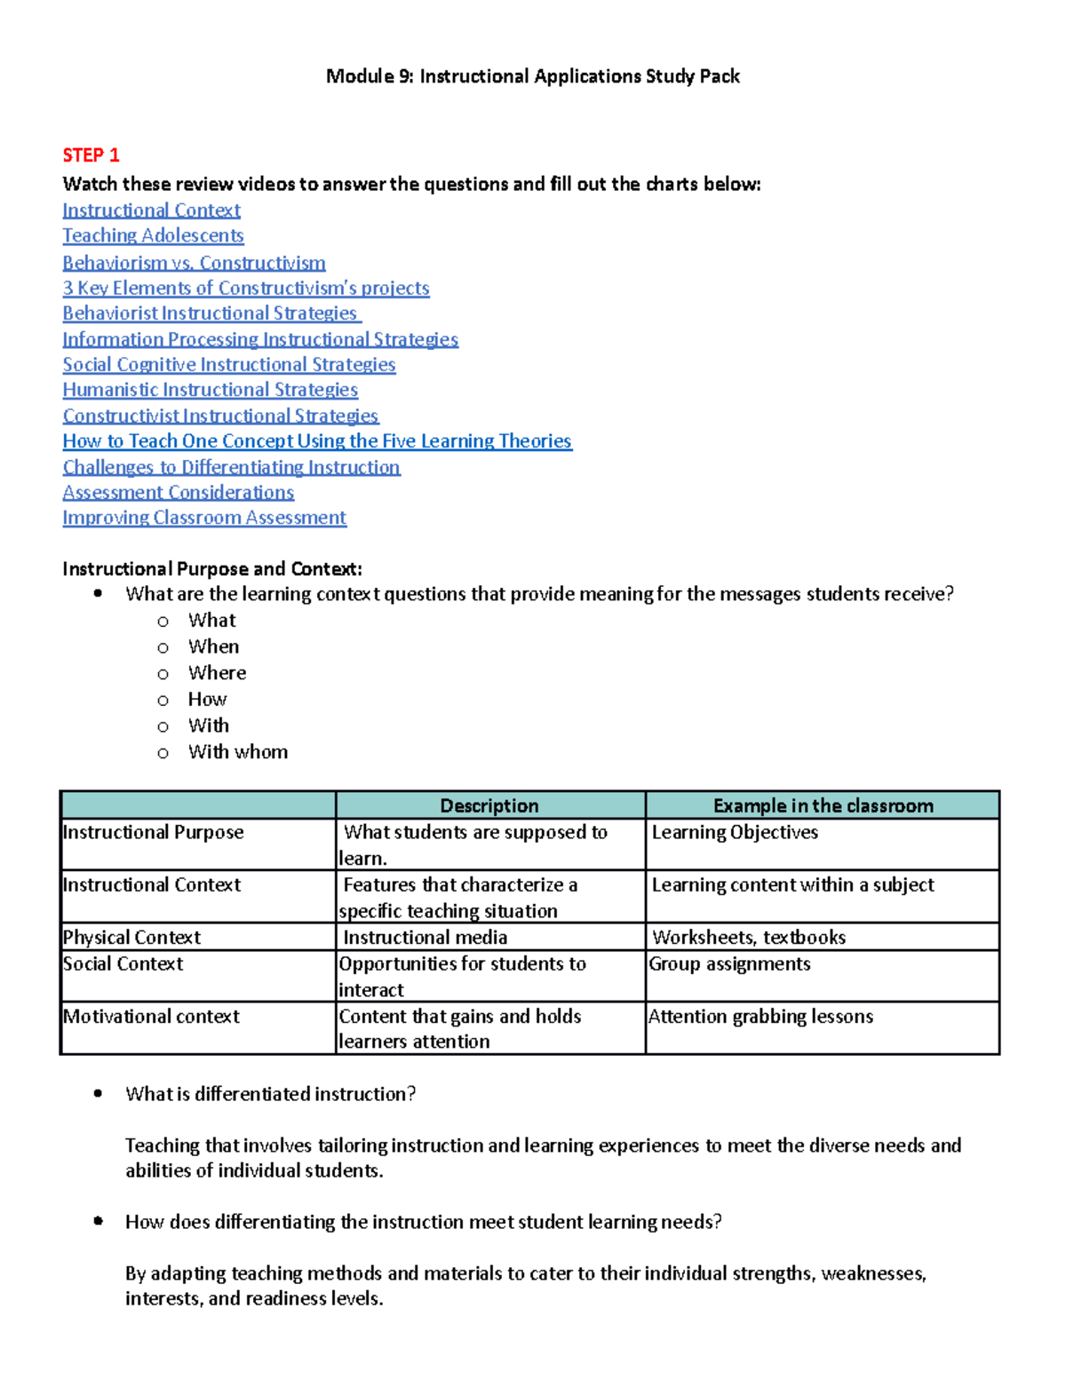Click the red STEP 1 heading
[x=91, y=155]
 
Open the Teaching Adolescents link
[x=153, y=235]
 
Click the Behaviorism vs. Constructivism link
[x=194, y=263]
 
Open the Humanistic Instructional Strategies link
[x=210, y=390]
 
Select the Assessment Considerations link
[x=178, y=492]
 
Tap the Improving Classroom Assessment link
[x=204, y=518]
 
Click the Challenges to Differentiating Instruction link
[x=231, y=467]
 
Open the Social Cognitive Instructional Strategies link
[x=229, y=364]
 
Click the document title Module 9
[x=532, y=76]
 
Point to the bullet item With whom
[x=237, y=752]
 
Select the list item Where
[x=217, y=673]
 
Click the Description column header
[x=489, y=805]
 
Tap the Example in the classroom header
[x=823, y=805]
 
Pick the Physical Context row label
[x=131, y=938]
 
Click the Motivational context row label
[x=151, y=1017]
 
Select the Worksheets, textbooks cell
[x=749, y=938]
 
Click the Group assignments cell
[x=729, y=964]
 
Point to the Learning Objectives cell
[x=735, y=833]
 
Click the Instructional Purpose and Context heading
[x=212, y=569]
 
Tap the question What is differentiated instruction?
[x=270, y=1094]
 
